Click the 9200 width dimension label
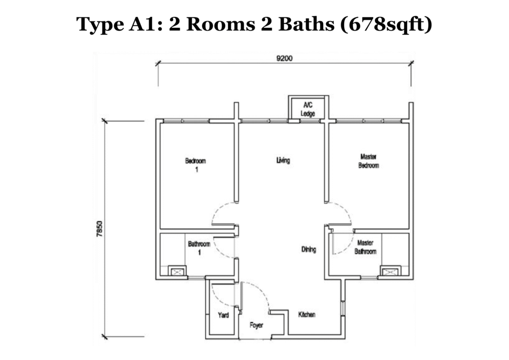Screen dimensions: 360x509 pos(284,58)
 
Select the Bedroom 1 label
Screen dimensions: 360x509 pos(195,165)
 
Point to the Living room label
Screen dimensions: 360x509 pos(283,161)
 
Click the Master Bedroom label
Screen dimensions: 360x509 pos(368,161)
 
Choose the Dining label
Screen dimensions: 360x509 pos(309,250)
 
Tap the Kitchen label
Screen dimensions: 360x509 pos(307,315)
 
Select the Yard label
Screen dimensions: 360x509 pos(223,315)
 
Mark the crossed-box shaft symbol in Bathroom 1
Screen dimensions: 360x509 pos(177,271)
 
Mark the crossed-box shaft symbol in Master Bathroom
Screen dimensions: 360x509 pos(389,271)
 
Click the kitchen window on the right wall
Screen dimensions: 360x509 pos(342,307)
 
